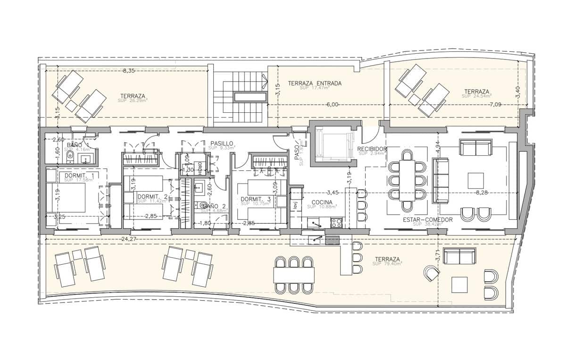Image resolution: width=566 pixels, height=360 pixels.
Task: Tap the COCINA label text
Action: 322,202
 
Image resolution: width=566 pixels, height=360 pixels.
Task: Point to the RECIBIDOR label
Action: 372,149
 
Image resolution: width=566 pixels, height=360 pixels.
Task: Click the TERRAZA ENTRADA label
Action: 315,84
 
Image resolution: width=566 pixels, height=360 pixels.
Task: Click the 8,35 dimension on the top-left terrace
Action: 128,71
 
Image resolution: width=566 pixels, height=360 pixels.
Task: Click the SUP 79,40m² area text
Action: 387,264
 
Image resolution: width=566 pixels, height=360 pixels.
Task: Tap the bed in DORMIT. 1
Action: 66,197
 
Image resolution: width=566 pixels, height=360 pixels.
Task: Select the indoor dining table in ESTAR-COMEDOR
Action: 407,181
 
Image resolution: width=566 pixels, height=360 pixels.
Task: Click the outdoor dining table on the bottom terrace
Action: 294,274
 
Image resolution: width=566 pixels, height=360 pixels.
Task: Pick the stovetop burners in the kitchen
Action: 336,222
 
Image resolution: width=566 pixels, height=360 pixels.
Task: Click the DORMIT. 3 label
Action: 256,200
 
